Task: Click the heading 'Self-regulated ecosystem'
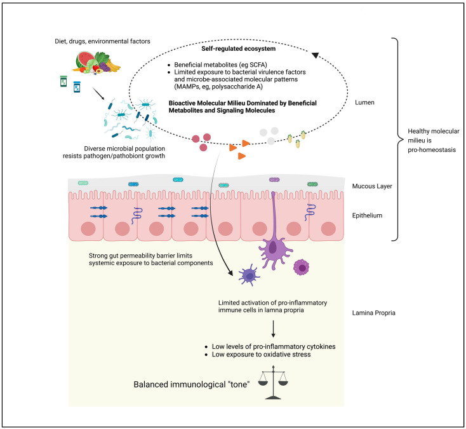point(238,48)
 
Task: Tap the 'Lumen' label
point(364,102)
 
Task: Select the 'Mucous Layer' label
point(372,186)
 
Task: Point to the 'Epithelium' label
point(367,215)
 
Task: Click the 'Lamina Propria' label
point(373,313)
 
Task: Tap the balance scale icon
point(273,383)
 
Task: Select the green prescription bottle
point(63,81)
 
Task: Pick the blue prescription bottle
point(77,87)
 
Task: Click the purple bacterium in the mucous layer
point(274,180)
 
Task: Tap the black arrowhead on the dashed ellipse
point(315,55)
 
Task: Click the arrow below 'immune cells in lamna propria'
point(273,329)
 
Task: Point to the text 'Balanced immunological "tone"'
point(191,385)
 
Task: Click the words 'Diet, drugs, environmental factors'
point(102,41)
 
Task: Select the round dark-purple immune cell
point(302,267)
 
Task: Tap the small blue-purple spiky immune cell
point(249,275)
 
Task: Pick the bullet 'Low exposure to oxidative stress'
point(261,355)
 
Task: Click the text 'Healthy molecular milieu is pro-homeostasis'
point(434,140)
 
